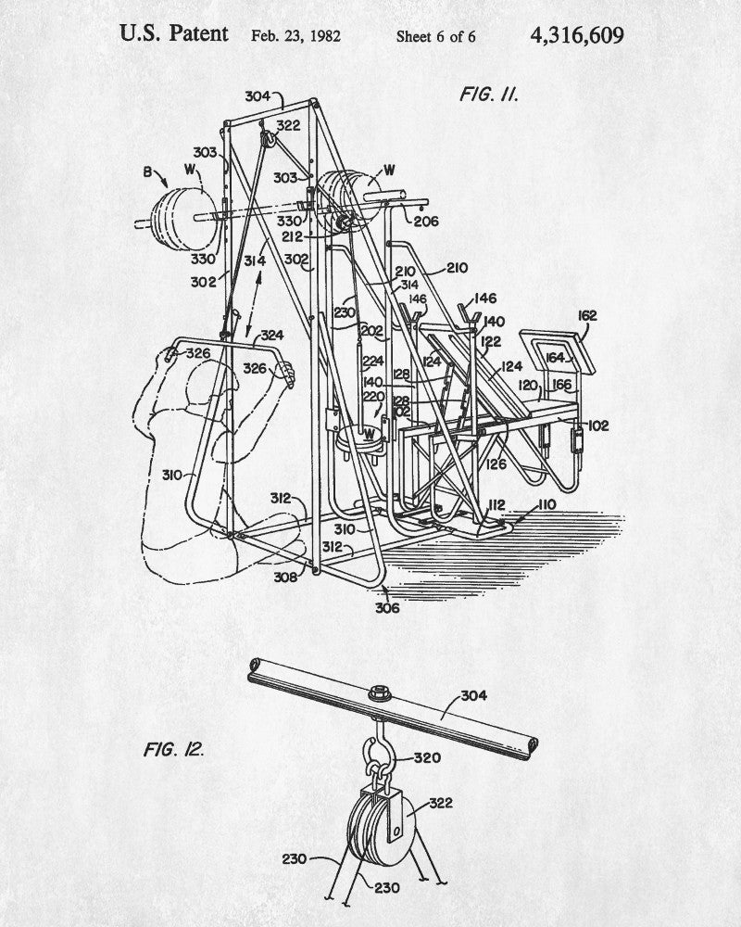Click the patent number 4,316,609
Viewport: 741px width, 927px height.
(577, 35)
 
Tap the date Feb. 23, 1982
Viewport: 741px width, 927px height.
(296, 37)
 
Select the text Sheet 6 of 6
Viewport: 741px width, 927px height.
(435, 37)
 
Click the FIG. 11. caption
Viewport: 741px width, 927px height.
(489, 95)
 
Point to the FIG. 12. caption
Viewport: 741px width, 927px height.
(173, 748)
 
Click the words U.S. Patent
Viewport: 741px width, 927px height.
(174, 35)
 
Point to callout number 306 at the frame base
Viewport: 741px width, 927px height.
(386, 607)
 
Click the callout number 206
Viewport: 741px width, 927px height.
(426, 222)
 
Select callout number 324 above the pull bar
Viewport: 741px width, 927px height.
(271, 336)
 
